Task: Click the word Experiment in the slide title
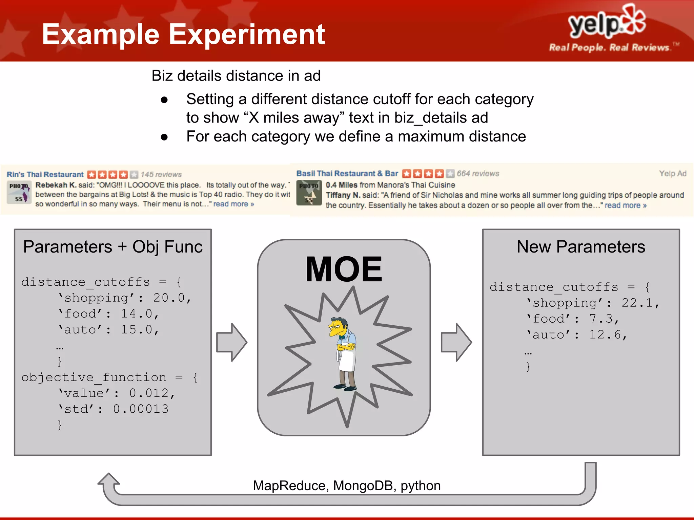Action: click(247, 35)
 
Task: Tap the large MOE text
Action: click(344, 269)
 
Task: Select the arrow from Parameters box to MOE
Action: click(232, 342)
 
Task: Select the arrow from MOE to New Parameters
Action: click(456, 342)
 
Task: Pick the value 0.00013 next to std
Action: click(141, 409)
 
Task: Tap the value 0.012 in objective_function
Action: click(149, 393)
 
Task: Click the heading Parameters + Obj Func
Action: click(113, 246)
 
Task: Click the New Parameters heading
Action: click(581, 246)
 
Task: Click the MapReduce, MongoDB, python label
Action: click(347, 485)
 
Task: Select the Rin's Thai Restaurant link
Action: click(45, 174)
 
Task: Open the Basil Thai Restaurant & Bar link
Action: click(347, 173)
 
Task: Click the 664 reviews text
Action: click(478, 174)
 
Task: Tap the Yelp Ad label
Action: click(672, 174)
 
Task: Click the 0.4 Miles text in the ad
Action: click(341, 185)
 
